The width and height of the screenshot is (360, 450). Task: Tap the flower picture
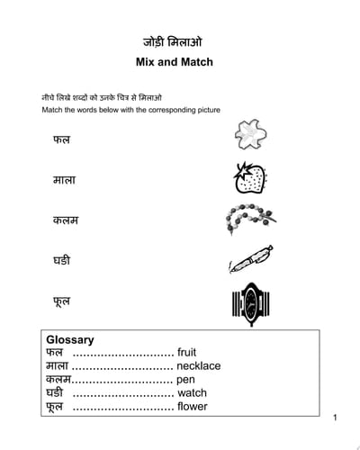coord(248,136)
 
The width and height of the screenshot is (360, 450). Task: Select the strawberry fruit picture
coord(247,177)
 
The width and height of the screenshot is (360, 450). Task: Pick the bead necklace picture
coord(247,219)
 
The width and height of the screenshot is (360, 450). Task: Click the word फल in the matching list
coord(61,140)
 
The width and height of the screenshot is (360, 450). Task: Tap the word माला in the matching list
coord(63,180)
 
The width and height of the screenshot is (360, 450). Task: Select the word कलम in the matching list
coord(65,220)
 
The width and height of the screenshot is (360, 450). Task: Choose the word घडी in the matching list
coord(62,261)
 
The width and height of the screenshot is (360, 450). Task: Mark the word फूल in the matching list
coord(61,302)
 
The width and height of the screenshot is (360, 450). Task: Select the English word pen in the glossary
coord(185,380)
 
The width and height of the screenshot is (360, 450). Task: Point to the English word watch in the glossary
coord(192,393)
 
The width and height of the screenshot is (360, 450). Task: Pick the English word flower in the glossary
coord(192,407)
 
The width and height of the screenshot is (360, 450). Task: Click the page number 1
coord(335,418)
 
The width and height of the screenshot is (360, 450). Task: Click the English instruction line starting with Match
coord(130,110)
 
